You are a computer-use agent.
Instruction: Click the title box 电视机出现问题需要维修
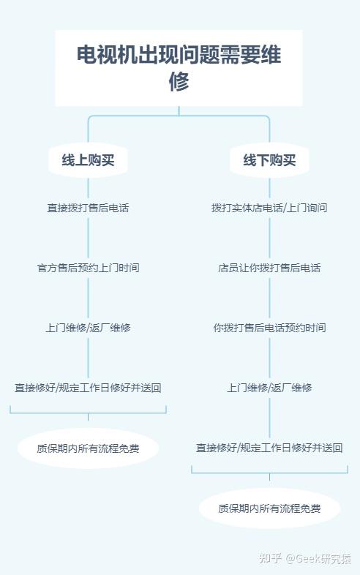pyautogui.click(x=179, y=68)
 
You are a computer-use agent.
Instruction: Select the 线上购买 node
pyautogui.click(x=88, y=160)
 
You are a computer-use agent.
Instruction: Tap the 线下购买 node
pyautogui.click(x=269, y=160)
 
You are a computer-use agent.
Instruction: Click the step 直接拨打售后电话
pyautogui.click(x=88, y=208)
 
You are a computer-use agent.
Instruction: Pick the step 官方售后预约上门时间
pyautogui.click(x=88, y=268)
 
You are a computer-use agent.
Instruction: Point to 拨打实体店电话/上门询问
pyautogui.click(x=269, y=208)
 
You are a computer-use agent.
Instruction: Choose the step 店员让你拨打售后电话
pyautogui.click(x=269, y=268)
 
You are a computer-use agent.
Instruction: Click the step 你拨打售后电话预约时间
pyautogui.click(x=269, y=328)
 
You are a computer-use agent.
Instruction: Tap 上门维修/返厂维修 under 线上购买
pyautogui.click(x=88, y=328)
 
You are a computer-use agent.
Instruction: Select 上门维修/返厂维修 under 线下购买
pyautogui.click(x=269, y=388)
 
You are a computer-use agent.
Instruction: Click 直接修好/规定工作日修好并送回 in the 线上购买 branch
pyautogui.click(x=88, y=388)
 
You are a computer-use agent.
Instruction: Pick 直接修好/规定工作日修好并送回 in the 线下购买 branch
pyautogui.click(x=269, y=448)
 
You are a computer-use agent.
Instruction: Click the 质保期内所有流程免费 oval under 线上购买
pyautogui.click(x=88, y=448)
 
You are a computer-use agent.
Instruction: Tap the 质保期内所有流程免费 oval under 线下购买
pyautogui.click(x=269, y=508)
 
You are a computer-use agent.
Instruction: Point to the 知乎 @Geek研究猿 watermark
pyautogui.click(x=305, y=558)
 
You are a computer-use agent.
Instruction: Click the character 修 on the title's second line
pyautogui.click(x=179, y=81)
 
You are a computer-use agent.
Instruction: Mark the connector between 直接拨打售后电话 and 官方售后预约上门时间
pyautogui.click(x=88, y=238)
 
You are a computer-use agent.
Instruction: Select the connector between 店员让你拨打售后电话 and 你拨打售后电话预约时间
pyautogui.click(x=269, y=298)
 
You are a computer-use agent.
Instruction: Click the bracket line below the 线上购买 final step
pyautogui.click(x=88, y=413)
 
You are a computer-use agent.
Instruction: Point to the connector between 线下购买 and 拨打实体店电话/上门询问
pyautogui.click(x=269, y=188)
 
